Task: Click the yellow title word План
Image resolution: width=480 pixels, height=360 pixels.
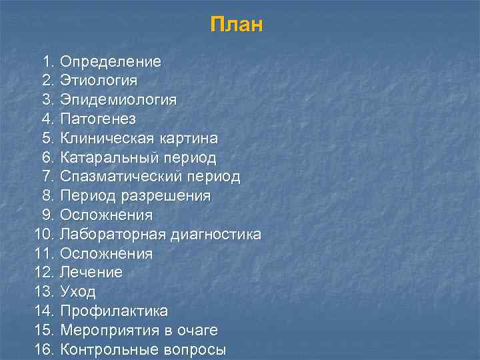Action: pyautogui.click(x=237, y=25)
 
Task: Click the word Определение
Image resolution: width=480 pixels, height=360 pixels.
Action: pyautogui.click(x=111, y=62)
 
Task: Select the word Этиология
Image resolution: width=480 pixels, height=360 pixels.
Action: pyautogui.click(x=99, y=81)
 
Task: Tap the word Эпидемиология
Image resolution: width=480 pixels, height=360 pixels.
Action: pyautogui.click(x=119, y=100)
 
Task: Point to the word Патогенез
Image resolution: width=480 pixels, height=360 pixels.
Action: pyautogui.click(x=98, y=119)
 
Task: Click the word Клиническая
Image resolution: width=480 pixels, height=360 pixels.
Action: pyautogui.click(x=107, y=139)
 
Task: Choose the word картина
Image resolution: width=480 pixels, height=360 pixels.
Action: pyautogui.click(x=189, y=139)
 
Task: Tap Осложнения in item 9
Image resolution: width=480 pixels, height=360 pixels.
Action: pyautogui.click(x=106, y=215)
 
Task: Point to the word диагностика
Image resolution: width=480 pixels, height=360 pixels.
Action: pyautogui.click(x=216, y=235)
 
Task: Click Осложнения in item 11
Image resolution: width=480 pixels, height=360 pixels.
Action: pyautogui.click(x=106, y=254)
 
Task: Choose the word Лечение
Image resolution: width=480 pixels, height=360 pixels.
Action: pyautogui.click(x=91, y=273)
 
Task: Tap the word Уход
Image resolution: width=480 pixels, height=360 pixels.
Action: pyautogui.click(x=78, y=292)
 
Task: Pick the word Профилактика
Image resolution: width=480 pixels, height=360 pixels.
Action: pyautogui.click(x=114, y=311)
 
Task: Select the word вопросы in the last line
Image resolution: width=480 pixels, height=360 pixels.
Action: pyautogui.click(x=193, y=349)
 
